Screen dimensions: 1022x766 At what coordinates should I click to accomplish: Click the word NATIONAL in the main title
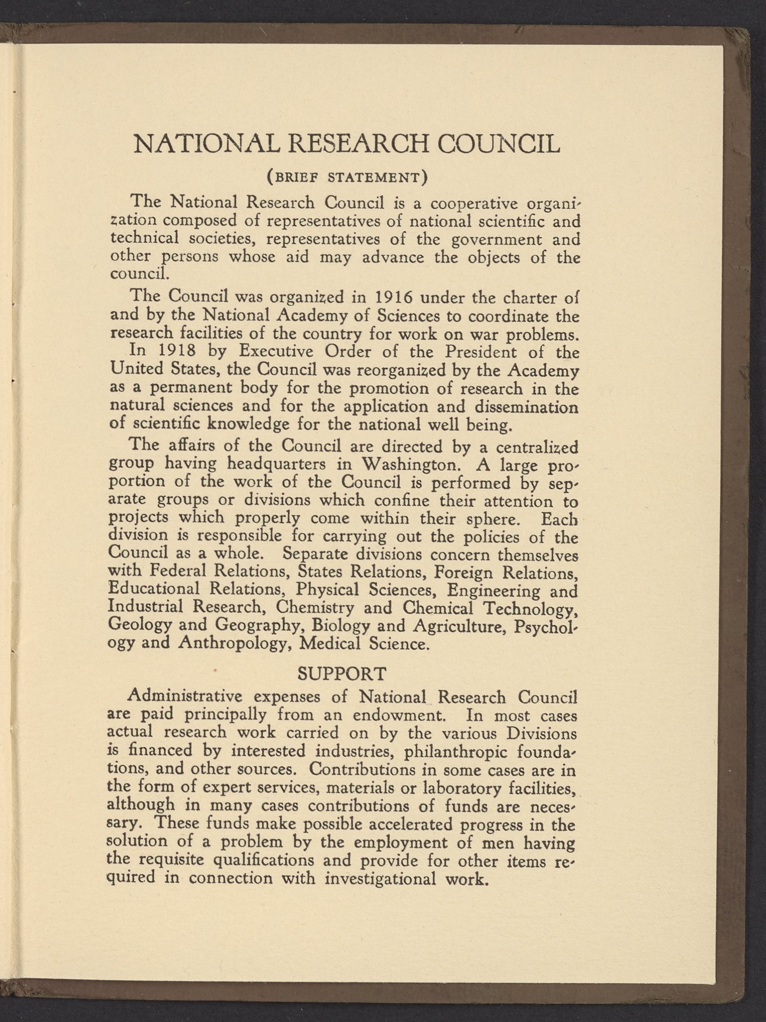point(206,144)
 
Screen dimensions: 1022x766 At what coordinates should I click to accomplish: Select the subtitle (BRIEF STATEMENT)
point(347,178)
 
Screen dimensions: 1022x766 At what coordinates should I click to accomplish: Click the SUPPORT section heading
point(342,674)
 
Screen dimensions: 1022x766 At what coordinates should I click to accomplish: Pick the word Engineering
point(493,590)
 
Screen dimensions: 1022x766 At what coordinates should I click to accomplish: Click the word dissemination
point(526,407)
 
